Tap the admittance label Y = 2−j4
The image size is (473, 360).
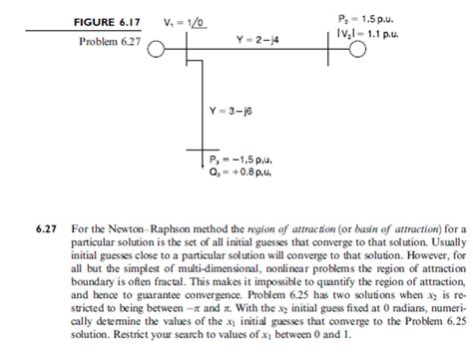pos(258,40)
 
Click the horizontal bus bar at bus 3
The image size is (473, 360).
pos(204,152)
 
